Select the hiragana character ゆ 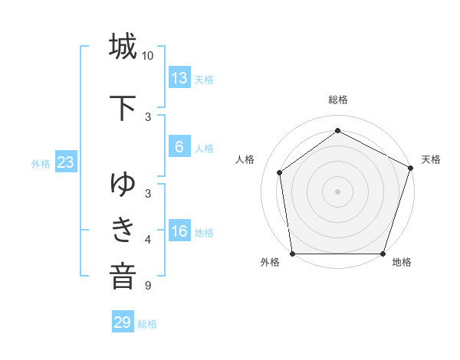pos(123,184)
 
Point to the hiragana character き pos(123,228)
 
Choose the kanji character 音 pos(123,274)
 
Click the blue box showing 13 pos(179,77)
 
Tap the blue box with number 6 pos(179,147)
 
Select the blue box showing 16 pos(179,231)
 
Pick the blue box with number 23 pos(65,162)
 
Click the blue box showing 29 pos(123,322)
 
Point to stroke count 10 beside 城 pos(148,56)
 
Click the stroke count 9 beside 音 pos(147,286)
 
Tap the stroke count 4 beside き pos(148,240)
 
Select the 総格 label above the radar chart pos(337,100)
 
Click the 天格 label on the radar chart pos(431,159)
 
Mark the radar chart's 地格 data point pos(383,254)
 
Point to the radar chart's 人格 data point pos(280,172)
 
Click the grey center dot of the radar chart pos(337,191)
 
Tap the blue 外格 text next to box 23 pos(40,163)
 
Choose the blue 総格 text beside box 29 pos(147,324)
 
